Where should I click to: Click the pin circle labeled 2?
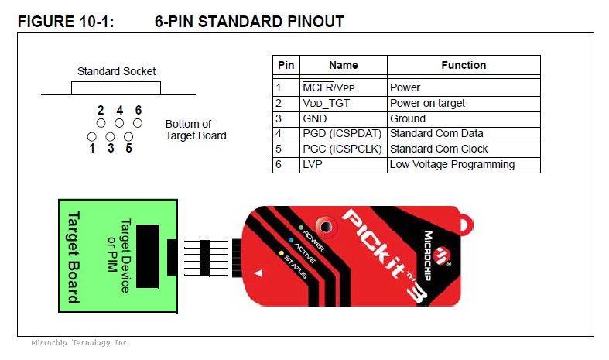101,123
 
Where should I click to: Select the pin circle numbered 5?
128,137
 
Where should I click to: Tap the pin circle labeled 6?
138,123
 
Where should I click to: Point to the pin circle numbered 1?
92,137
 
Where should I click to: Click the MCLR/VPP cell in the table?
344,87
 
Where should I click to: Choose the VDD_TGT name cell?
344,104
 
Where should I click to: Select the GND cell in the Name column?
344,119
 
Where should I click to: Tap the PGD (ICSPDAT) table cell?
344,135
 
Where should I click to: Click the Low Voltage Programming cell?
464,165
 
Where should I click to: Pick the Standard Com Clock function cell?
464,149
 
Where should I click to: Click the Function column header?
464,65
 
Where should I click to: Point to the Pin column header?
286,65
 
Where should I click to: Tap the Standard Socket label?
117,71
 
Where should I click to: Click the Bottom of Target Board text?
196,130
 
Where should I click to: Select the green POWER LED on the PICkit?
300,228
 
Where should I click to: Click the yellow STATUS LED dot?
282,253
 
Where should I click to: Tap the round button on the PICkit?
326,226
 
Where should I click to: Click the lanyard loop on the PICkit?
467,224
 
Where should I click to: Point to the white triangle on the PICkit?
258,274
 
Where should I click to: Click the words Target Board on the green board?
74,257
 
